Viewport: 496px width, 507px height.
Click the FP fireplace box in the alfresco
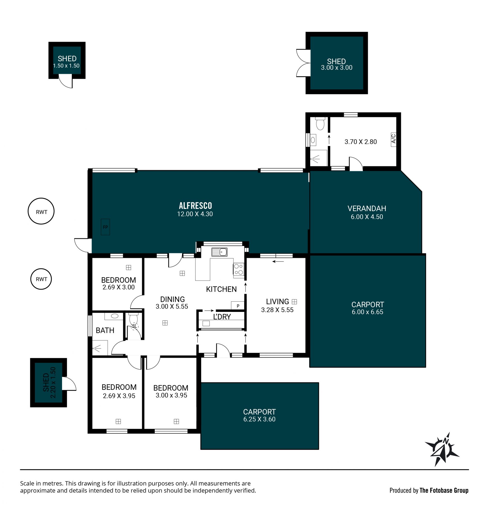pyautogui.click(x=105, y=227)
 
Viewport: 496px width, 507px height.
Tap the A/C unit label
pyautogui.click(x=394, y=139)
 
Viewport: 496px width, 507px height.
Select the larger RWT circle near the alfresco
pyautogui.click(x=41, y=211)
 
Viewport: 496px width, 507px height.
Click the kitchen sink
pyautogui.click(x=219, y=252)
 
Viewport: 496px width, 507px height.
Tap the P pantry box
pyautogui.click(x=238, y=306)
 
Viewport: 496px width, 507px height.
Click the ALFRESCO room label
pyautogui.click(x=195, y=206)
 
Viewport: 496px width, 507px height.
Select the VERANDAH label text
pyautogui.click(x=367, y=209)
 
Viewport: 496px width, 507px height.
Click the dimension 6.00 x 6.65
pyautogui.click(x=368, y=312)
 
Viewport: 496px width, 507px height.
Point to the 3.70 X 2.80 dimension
pyautogui.click(x=361, y=142)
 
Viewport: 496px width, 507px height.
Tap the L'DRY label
pyautogui.click(x=222, y=317)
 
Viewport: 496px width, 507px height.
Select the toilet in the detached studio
pyautogui.click(x=320, y=123)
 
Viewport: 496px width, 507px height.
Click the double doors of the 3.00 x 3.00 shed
pyautogui.click(x=304, y=63)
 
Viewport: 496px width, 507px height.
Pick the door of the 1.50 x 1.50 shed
pyautogui.click(x=66, y=81)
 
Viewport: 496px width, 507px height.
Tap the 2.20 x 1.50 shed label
pyautogui.click(x=49, y=382)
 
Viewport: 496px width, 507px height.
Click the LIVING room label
pyautogui.click(x=277, y=302)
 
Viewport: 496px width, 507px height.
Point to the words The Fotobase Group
pyautogui.click(x=444, y=490)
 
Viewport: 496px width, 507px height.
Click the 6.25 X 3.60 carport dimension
pyautogui.click(x=259, y=419)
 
